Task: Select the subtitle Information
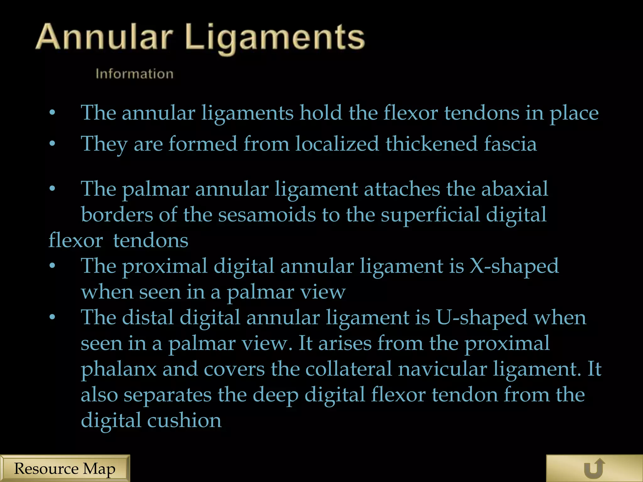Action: [134, 74]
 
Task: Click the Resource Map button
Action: [65, 469]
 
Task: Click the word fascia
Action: [510, 144]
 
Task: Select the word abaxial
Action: [515, 189]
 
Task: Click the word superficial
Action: [430, 215]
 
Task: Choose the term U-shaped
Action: [482, 318]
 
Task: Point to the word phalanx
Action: [119, 369]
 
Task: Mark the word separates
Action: [168, 395]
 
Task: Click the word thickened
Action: [432, 144]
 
